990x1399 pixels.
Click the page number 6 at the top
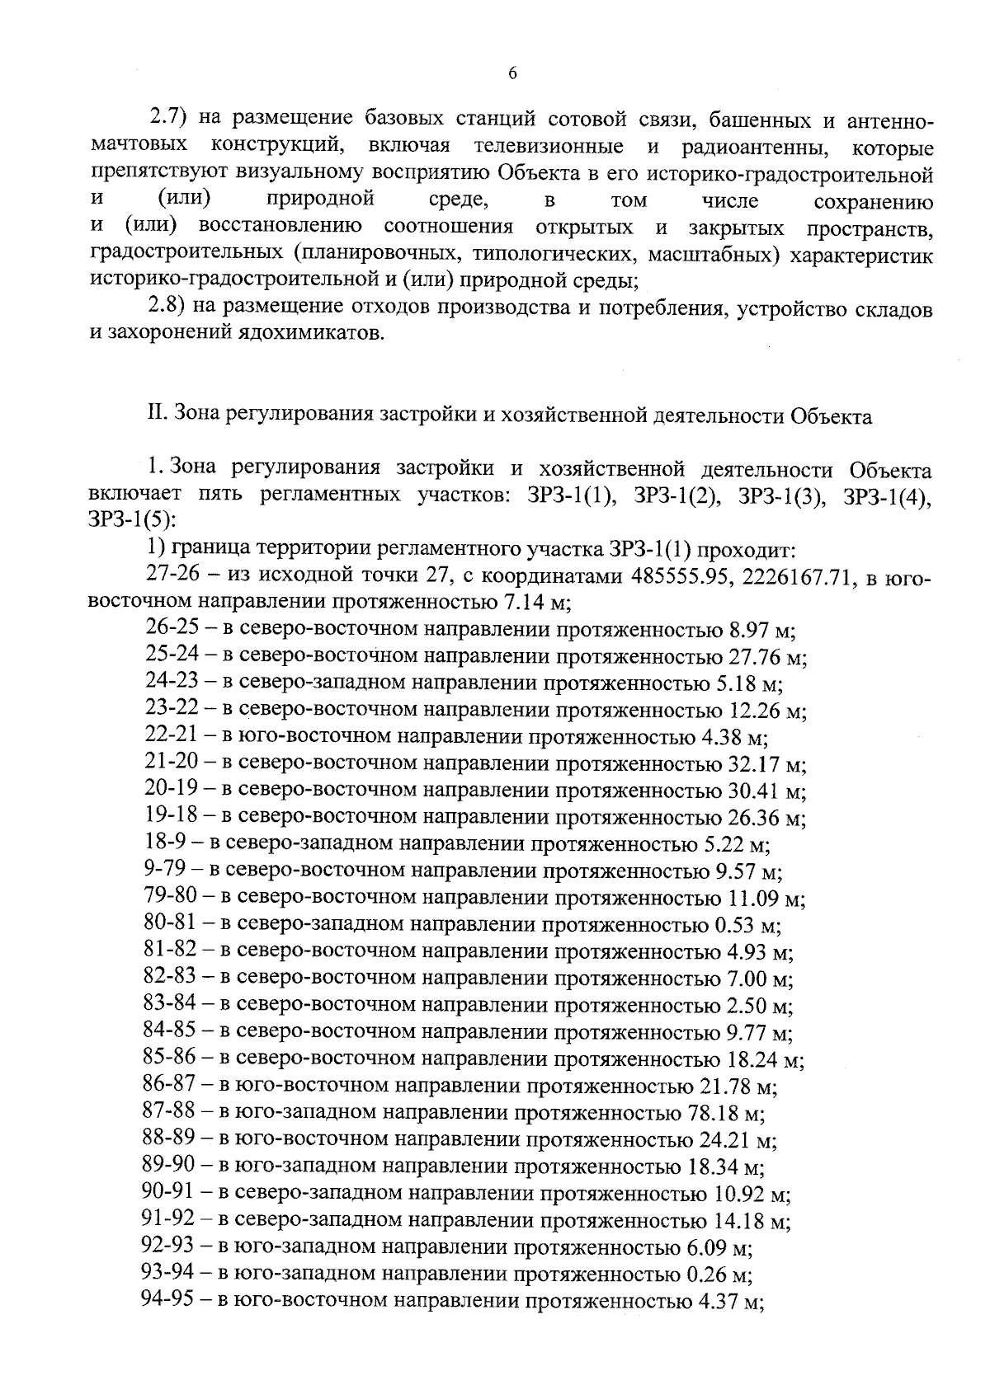coord(511,73)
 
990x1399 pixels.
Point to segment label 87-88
coord(169,1113)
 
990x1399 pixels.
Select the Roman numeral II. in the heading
coord(157,416)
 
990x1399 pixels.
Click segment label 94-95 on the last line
coord(169,1303)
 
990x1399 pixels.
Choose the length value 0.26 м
coord(718,1276)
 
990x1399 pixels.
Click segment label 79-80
coord(169,899)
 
